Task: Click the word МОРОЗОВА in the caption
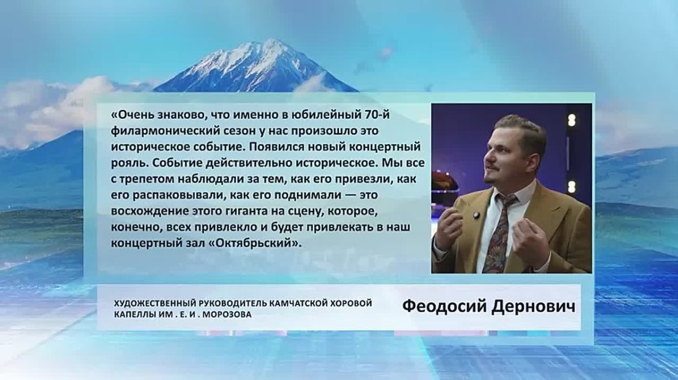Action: pyautogui.click(x=227, y=315)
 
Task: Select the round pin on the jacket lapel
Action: pyautogui.click(x=476, y=215)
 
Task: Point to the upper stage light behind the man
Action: pyautogui.click(x=571, y=120)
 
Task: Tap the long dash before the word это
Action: pyautogui.click(x=349, y=195)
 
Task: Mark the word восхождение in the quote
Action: pyautogui.click(x=150, y=212)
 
